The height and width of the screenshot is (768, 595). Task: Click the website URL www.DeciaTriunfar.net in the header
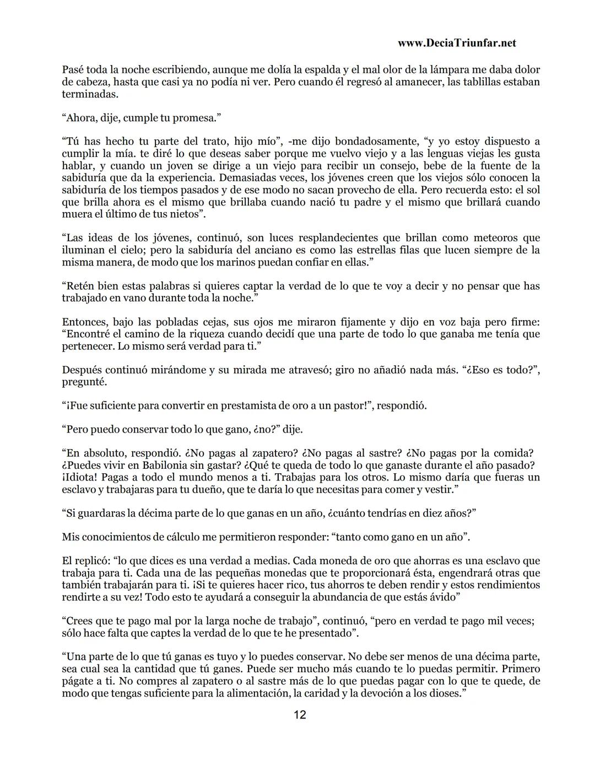(x=456, y=43)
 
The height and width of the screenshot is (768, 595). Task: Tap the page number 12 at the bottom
(x=300, y=715)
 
